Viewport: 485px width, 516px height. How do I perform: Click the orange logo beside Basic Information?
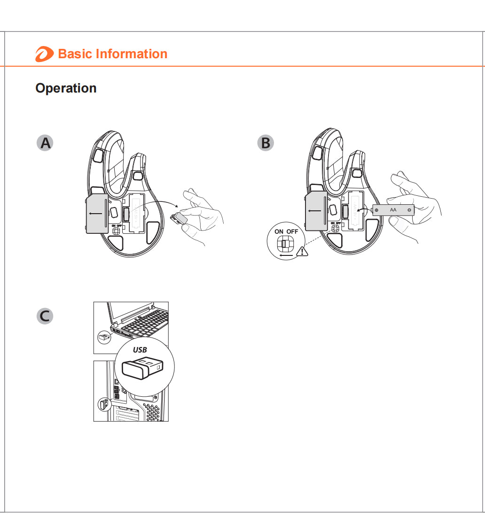pos(44,54)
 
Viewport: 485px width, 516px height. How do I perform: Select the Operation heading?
pos(66,88)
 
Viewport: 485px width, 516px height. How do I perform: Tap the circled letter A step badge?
pos(45,143)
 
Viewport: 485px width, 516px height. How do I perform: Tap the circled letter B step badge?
pos(266,143)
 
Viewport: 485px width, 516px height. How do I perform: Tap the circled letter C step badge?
pos(45,316)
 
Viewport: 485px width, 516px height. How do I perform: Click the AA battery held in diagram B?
pos(393,209)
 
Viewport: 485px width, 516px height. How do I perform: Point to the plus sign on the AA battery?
pos(376,209)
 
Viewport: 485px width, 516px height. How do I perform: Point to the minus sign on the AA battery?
pos(409,209)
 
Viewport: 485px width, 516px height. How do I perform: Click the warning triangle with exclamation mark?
pos(302,251)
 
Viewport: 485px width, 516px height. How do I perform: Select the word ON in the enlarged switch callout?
pos(279,231)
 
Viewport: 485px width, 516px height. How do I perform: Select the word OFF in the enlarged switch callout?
pos(292,231)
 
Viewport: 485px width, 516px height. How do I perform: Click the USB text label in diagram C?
pos(140,350)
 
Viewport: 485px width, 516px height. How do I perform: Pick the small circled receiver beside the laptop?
pos(104,337)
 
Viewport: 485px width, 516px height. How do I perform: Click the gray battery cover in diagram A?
pos(96,214)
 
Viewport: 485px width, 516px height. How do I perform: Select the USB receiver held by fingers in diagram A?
pos(179,217)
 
